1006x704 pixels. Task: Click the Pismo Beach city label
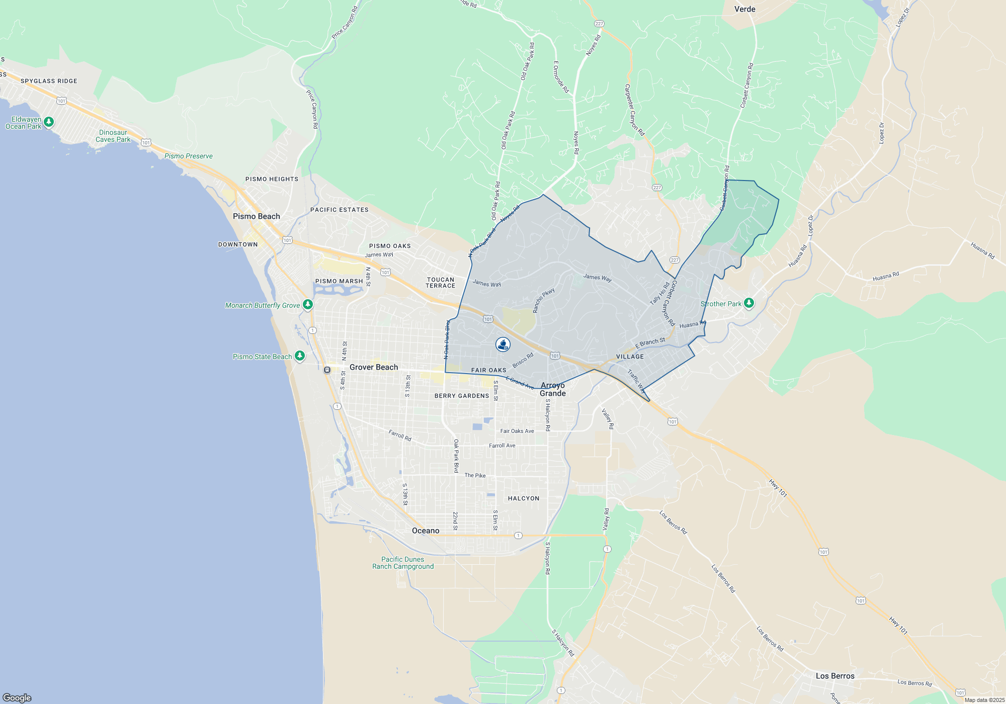click(x=256, y=216)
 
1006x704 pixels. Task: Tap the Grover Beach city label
click(x=374, y=367)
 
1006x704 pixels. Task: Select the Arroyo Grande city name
click(x=553, y=389)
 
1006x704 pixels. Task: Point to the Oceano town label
click(x=426, y=531)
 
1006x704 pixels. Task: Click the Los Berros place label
click(x=835, y=676)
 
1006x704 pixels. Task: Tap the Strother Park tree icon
click(x=749, y=303)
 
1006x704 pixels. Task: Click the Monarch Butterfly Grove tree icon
click(x=308, y=305)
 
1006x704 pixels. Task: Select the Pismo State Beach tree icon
click(x=300, y=357)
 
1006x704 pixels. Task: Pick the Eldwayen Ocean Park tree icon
click(x=49, y=122)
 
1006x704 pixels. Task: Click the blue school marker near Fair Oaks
click(x=503, y=344)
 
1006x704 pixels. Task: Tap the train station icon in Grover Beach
click(x=327, y=370)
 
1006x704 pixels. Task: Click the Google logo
click(x=17, y=697)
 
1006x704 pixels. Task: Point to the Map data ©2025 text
click(x=984, y=700)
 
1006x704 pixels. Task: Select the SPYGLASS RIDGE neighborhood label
click(x=49, y=81)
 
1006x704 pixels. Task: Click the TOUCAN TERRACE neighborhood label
click(x=440, y=283)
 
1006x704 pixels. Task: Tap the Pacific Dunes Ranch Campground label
click(x=403, y=563)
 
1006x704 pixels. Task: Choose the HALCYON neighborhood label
click(x=524, y=498)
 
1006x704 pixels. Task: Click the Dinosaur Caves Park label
click(x=113, y=136)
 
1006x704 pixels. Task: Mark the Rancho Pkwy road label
click(x=544, y=300)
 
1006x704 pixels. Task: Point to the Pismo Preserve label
click(x=189, y=156)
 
